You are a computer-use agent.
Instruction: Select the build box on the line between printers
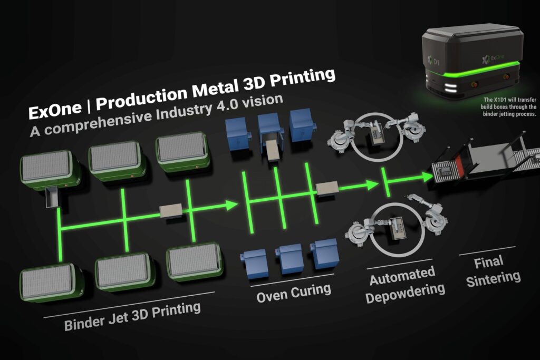coord(170,211)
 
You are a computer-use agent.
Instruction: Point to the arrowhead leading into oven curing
coord(232,205)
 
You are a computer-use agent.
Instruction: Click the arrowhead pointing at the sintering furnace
coord(426,177)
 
